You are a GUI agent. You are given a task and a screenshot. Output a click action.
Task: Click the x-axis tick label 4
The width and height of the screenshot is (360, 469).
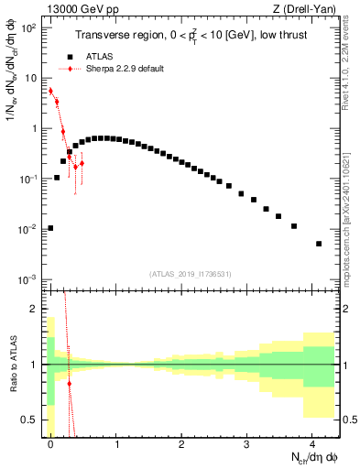point(312,444)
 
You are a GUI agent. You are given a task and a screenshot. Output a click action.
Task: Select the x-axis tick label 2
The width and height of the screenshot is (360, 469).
point(181,444)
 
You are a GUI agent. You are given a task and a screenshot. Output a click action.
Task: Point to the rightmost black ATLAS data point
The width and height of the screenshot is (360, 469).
point(319,244)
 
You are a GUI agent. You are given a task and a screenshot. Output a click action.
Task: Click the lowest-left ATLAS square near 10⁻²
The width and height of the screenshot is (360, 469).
point(50,228)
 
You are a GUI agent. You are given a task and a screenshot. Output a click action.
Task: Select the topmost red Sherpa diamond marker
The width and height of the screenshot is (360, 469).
point(50,91)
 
